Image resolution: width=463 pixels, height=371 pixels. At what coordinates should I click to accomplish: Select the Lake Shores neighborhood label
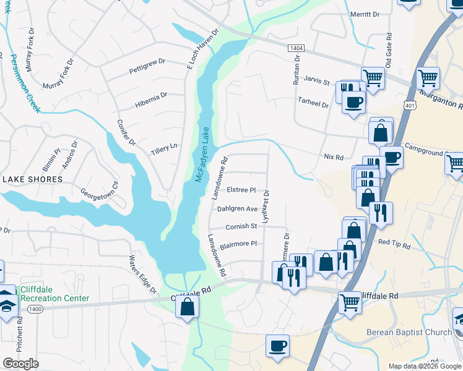coord(32,179)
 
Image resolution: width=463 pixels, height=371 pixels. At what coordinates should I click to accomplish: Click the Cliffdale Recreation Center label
coord(54,294)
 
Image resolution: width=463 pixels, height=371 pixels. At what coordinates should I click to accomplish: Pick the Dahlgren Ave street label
coord(237,209)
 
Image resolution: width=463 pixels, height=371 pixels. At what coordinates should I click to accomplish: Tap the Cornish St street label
coord(241,226)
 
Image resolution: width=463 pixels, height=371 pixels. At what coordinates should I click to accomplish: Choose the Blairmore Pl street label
coord(238,244)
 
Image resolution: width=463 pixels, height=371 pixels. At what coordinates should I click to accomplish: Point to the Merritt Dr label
coord(365,14)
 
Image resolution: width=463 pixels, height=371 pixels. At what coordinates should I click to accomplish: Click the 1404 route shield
coord(296,48)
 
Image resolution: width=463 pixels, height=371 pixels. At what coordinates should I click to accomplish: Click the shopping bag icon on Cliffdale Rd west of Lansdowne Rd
coord(188,306)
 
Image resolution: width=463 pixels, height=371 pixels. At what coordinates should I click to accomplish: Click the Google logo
coord(20,364)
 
